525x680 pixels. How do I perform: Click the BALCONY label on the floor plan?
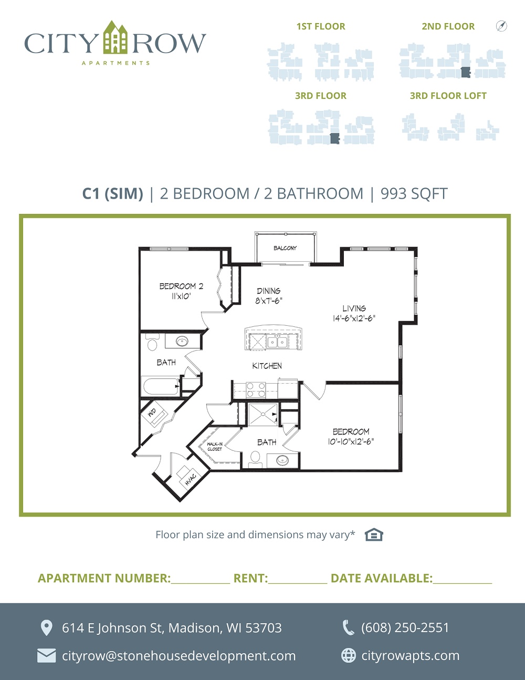tap(285, 248)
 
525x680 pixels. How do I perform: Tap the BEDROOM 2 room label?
tap(181, 286)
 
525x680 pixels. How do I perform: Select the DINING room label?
tap(269, 291)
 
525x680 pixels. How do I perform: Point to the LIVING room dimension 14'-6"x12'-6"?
tap(354, 318)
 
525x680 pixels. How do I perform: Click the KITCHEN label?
tap(267, 366)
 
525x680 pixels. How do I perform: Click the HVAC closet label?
tap(190, 479)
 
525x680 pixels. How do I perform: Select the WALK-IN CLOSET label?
tap(215, 447)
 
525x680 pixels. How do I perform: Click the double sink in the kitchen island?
tap(278, 342)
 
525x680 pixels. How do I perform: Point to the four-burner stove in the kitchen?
tap(256, 390)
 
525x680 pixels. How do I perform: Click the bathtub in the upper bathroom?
tap(161, 386)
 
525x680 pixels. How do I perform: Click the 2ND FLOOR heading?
tap(448, 26)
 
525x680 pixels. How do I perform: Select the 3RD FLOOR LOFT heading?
tap(448, 96)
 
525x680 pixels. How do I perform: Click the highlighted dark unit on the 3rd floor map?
tap(335, 138)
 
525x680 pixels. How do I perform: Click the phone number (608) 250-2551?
tap(405, 627)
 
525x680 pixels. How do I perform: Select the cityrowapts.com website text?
tap(411, 655)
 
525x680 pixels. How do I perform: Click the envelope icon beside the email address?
tap(47, 656)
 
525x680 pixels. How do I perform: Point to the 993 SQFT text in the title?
tap(414, 193)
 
